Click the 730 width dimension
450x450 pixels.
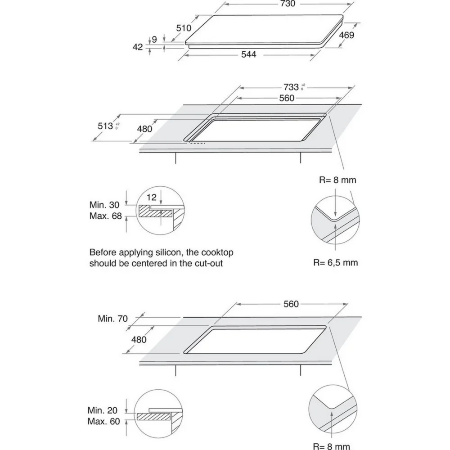point(288,4)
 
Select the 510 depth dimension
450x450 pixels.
point(184,28)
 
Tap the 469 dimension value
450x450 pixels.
point(346,35)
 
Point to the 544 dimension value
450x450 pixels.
point(248,54)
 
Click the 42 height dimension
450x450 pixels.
point(137,47)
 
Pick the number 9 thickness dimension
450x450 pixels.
point(154,39)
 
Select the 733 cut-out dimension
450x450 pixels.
point(291,87)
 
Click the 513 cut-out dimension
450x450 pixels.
point(105,126)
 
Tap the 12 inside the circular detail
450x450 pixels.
point(152,197)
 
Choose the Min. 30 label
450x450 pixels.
point(104,205)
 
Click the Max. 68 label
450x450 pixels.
point(106,216)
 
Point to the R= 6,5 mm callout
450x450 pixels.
point(336,262)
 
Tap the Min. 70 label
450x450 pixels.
point(112,318)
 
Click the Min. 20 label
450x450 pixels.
point(103,410)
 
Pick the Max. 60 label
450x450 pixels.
point(103,421)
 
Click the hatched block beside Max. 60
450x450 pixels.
point(153,416)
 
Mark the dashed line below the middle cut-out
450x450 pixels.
point(198,143)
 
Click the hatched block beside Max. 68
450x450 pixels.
point(156,211)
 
